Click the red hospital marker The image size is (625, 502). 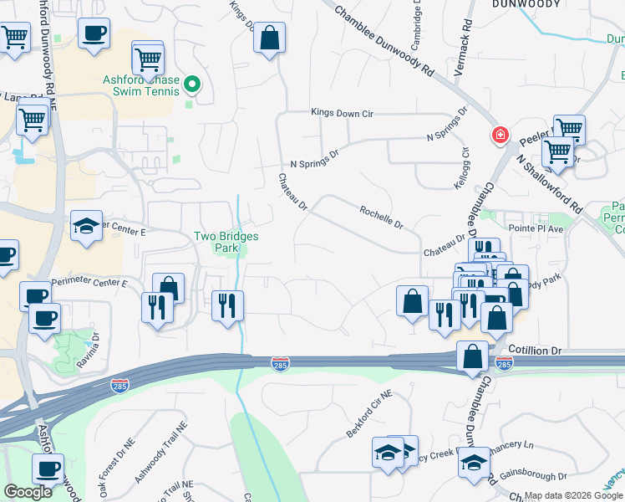[x=500, y=135]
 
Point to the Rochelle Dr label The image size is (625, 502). [x=382, y=218]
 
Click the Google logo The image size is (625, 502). [x=28, y=491]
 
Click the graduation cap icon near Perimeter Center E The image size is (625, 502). [x=86, y=227]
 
